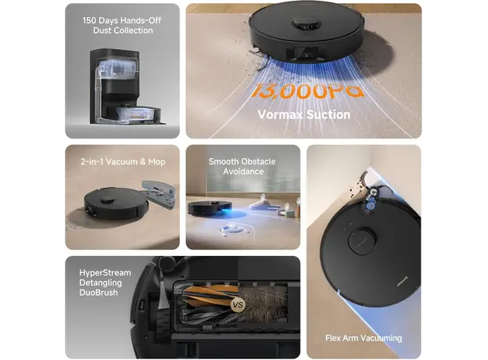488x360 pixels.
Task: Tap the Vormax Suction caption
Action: click(304, 115)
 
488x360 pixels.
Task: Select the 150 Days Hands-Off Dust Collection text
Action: click(121, 25)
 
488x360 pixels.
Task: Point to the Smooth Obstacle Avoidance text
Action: click(242, 167)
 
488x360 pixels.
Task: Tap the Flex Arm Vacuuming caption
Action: click(364, 338)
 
